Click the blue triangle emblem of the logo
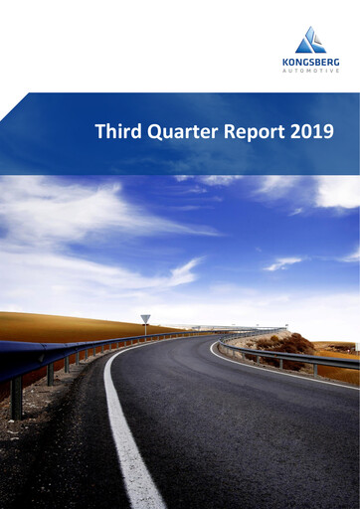coord(310,41)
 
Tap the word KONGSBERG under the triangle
coord(310,61)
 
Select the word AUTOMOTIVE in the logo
coord(310,70)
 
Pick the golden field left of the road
coord(60,325)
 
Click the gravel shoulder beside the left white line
coord(70,447)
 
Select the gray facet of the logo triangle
coord(315,45)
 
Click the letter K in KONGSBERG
coord(285,61)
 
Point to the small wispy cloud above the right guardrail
coord(282,263)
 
